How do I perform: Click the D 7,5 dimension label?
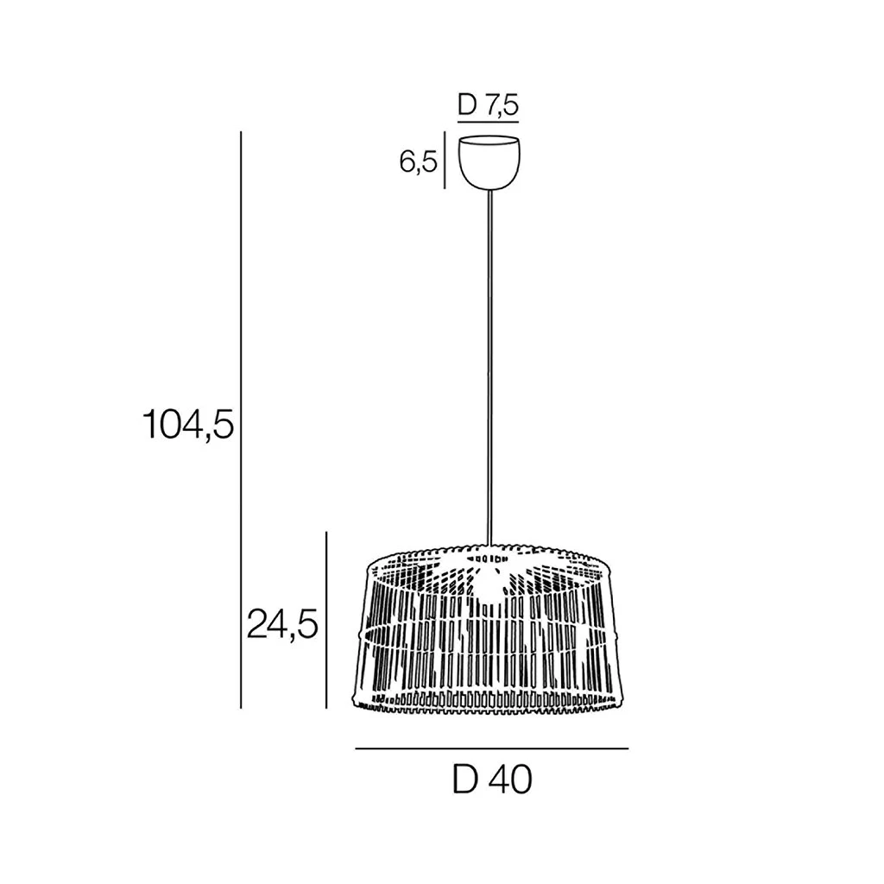(x=489, y=104)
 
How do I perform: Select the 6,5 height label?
(x=419, y=162)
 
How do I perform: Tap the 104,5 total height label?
(x=188, y=424)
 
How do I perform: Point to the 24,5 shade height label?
(x=283, y=625)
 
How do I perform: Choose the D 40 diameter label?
(x=492, y=780)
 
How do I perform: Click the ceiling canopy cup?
(x=489, y=161)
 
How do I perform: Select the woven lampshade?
(x=489, y=629)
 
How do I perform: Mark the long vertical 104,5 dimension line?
(x=241, y=420)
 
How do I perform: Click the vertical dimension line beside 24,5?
(x=326, y=620)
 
